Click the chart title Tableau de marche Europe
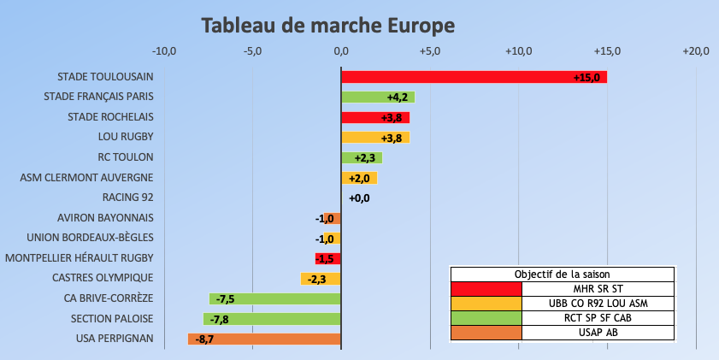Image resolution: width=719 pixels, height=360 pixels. (x=328, y=26)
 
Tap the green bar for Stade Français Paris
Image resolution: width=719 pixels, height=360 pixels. (x=377, y=97)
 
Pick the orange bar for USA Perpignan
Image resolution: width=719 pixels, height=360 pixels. (x=264, y=339)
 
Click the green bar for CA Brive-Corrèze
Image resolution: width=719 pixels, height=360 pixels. (x=274, y=298)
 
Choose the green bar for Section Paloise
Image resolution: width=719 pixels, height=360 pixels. (x=272, y=319)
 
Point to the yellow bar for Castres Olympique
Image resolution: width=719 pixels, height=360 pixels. (x=320, y=278)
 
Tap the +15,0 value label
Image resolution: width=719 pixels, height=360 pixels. (x=589, y=78)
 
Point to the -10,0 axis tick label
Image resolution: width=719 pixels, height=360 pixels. (x=163, y=51)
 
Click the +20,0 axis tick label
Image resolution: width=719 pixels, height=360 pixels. (x=696, y=51)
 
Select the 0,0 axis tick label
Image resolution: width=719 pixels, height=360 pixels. (x=341, y=51)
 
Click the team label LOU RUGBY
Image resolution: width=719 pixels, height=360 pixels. (x=126, y=137)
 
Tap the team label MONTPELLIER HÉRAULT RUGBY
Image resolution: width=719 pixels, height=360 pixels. (x=80, y=258)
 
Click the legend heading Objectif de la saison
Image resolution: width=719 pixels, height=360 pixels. (x=562, y=274)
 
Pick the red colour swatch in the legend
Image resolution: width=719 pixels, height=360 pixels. (x=486, y=288)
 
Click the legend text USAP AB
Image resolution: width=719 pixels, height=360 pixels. (x=598, y=333)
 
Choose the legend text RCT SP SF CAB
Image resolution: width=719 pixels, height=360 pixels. (x=598, y=318)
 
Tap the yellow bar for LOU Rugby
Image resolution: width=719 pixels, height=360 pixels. (x=374, y=137)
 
